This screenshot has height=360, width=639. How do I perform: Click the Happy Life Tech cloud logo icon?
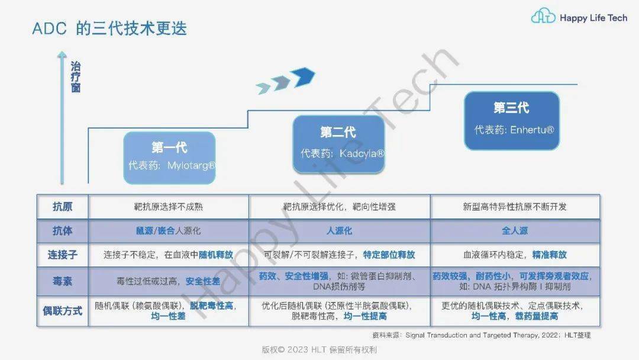point(543,17)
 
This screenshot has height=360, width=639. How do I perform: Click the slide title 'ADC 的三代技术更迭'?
point(109,28)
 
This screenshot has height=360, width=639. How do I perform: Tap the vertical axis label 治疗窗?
point(75,77)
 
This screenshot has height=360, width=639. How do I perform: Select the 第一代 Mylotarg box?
point(170,157)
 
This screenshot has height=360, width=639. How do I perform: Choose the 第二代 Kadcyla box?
point(338,144)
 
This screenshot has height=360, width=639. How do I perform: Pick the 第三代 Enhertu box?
point(512,121)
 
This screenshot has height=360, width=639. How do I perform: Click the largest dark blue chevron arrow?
point(303,76)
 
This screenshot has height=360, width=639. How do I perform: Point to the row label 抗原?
point(62,207)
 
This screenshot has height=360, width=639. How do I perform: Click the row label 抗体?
point(62,231)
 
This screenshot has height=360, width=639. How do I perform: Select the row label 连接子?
point(62,255)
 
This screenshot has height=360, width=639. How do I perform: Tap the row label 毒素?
point(62,281)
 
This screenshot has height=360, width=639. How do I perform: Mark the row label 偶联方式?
point(62,311)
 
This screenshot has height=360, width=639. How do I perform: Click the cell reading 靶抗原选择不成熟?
point(168,207)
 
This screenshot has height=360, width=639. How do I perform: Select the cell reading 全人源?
point(515,231)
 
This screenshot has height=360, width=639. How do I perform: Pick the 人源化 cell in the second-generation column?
point(339,231)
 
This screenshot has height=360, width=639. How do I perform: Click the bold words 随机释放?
point(216,255)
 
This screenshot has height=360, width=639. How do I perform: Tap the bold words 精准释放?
point(549,255)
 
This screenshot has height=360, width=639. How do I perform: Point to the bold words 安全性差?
point(203,281)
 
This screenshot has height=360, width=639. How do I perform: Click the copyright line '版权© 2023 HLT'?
point(319,350)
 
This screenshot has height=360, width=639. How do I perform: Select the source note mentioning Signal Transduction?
point(481,335)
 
